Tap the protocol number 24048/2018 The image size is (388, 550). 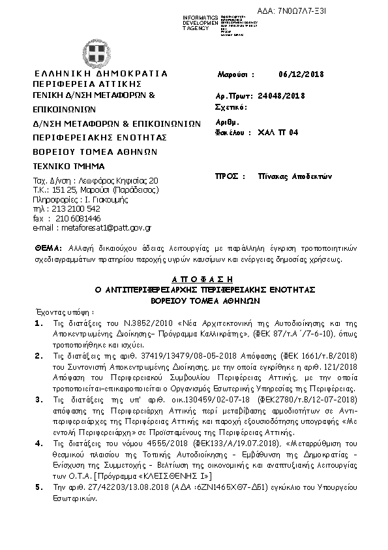point(282,95)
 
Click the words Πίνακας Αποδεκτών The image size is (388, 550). point(295,158)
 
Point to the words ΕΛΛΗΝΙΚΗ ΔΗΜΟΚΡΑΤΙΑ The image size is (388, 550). point(100,73)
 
